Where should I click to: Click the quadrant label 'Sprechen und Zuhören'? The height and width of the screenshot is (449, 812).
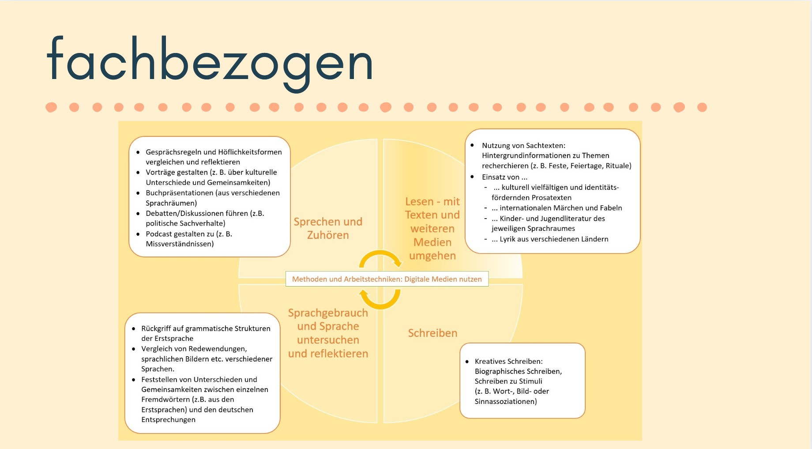click(328, 228)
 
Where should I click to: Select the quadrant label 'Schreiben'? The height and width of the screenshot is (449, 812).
click(432, 333)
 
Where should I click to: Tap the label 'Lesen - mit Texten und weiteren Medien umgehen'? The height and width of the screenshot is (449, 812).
click(432, 229)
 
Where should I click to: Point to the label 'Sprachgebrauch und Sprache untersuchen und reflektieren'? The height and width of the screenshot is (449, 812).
click(328, 333)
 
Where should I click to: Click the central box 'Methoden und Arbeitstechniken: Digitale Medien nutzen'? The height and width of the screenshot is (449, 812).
click(387, 279)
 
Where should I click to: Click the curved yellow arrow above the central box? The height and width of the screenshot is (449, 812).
click(380, 258)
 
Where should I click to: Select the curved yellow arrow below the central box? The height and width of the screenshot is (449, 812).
click(380, 300)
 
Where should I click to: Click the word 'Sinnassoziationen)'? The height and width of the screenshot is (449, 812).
click(506, 402)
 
